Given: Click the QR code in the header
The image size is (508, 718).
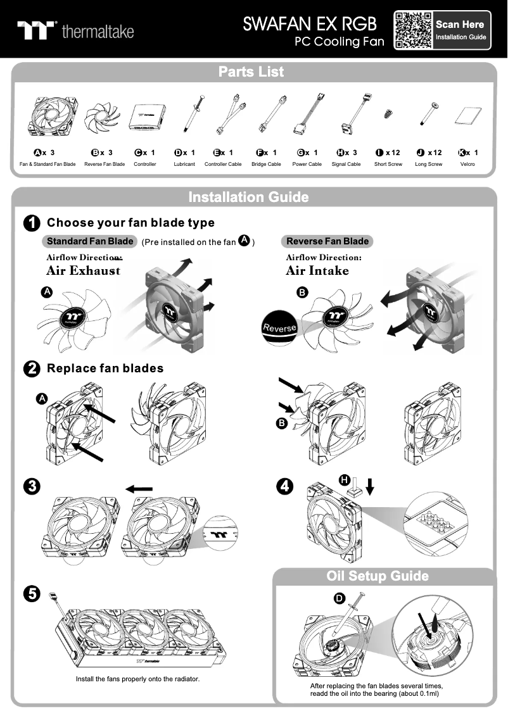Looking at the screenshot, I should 413,30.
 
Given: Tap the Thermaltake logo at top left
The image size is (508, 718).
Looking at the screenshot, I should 75,30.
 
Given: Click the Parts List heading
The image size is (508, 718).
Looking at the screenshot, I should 251,72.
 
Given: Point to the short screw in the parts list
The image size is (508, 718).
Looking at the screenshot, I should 387,115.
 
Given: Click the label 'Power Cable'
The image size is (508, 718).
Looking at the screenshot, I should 307,164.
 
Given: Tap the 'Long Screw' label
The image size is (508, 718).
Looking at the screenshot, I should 428,164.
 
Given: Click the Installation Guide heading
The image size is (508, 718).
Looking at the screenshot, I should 248,197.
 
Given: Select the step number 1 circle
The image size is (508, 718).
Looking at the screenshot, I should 32,223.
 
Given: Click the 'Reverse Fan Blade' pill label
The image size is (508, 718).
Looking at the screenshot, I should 327,241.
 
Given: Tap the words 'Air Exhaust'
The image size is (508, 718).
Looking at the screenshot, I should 83,271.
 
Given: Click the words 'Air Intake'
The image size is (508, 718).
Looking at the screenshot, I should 317,271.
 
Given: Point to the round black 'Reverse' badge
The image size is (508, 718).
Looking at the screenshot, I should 279,327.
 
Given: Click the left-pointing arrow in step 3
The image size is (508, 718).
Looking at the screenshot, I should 139,489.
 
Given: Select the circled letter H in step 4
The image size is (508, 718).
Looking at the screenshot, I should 345,480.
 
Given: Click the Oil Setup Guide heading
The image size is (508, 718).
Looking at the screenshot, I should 378,576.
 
